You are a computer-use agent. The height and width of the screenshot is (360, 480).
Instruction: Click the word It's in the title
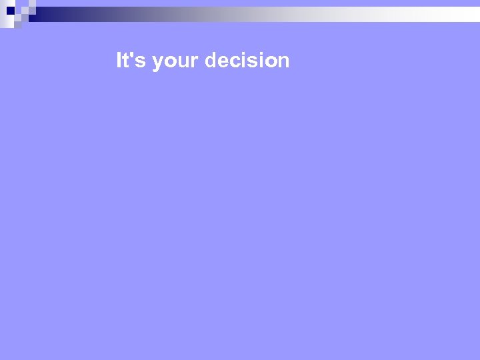131,61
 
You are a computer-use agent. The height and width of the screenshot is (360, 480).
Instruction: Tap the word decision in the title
247,61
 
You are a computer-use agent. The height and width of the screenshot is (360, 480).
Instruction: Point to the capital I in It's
119,61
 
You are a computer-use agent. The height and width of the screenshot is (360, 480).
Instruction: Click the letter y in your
157,63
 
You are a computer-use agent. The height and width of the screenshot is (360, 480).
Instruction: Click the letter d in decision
211,61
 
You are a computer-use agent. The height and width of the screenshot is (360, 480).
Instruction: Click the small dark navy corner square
10,10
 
